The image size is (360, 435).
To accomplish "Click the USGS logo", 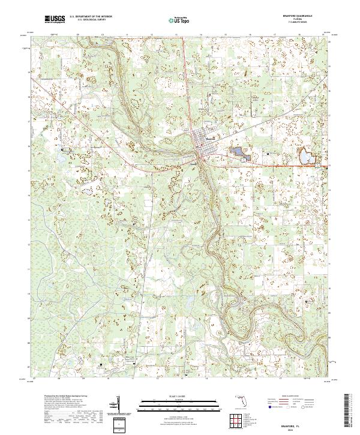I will click(55, 20).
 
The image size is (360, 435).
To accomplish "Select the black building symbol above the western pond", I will click(62, 149).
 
